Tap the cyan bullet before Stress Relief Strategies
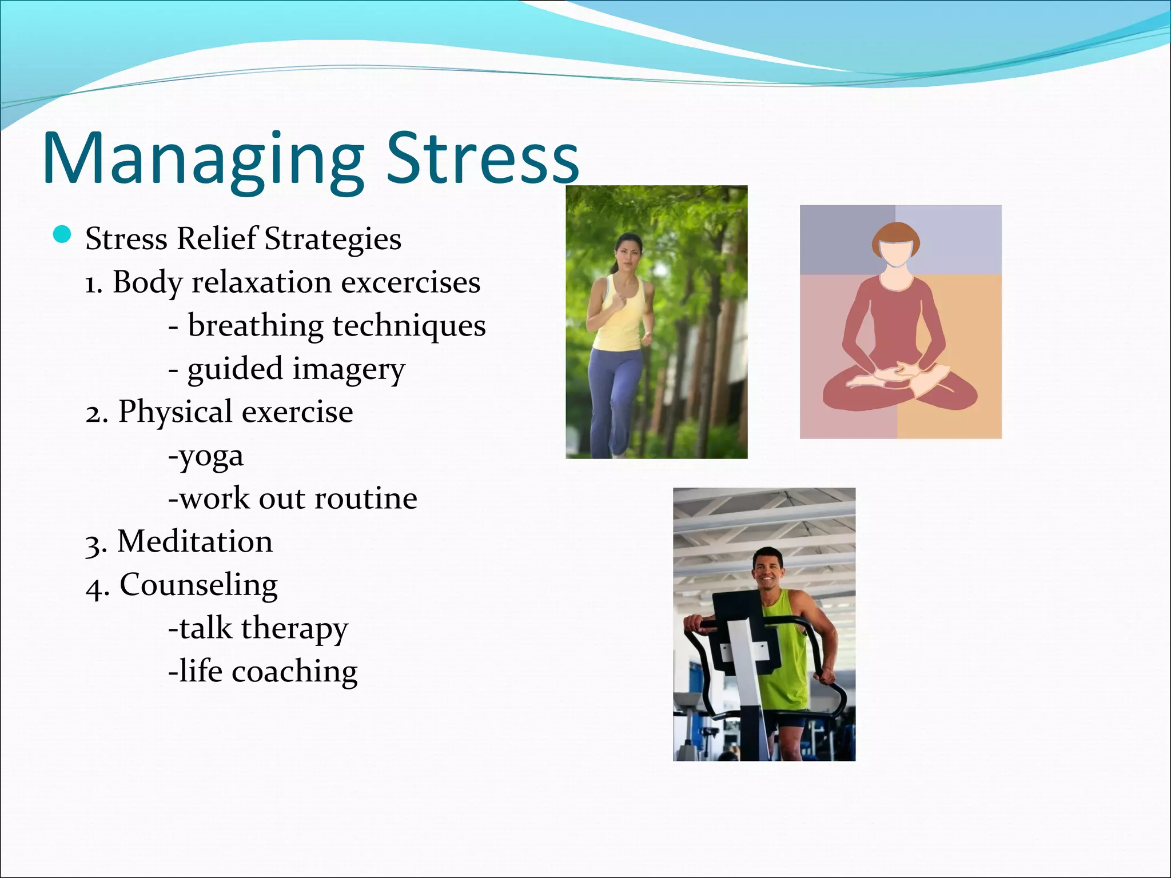coord(62,234)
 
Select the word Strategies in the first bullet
coord(333,239)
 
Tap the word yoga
coord(210,456)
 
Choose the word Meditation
coord(194,541)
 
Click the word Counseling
coord(198,585)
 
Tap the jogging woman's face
coord(627,253)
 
